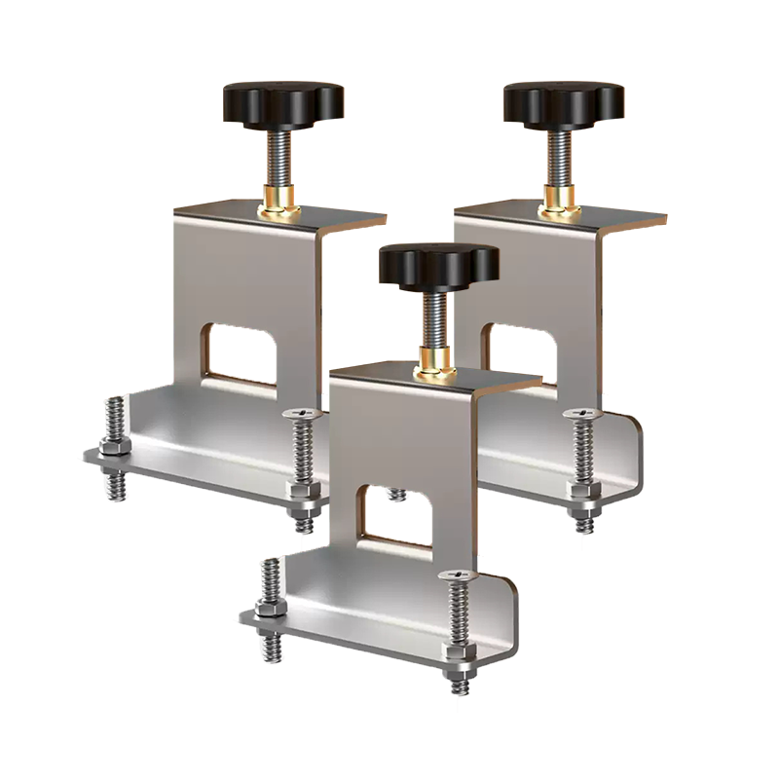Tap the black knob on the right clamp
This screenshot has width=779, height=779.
563,101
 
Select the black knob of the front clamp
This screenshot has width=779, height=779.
438,262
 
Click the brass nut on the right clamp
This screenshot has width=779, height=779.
562,204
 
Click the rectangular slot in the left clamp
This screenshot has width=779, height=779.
244,352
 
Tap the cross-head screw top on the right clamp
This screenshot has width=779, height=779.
581,416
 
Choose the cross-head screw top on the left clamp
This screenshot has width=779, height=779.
301,416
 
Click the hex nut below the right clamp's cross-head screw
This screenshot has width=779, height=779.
582,492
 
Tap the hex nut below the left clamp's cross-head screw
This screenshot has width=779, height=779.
303,493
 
